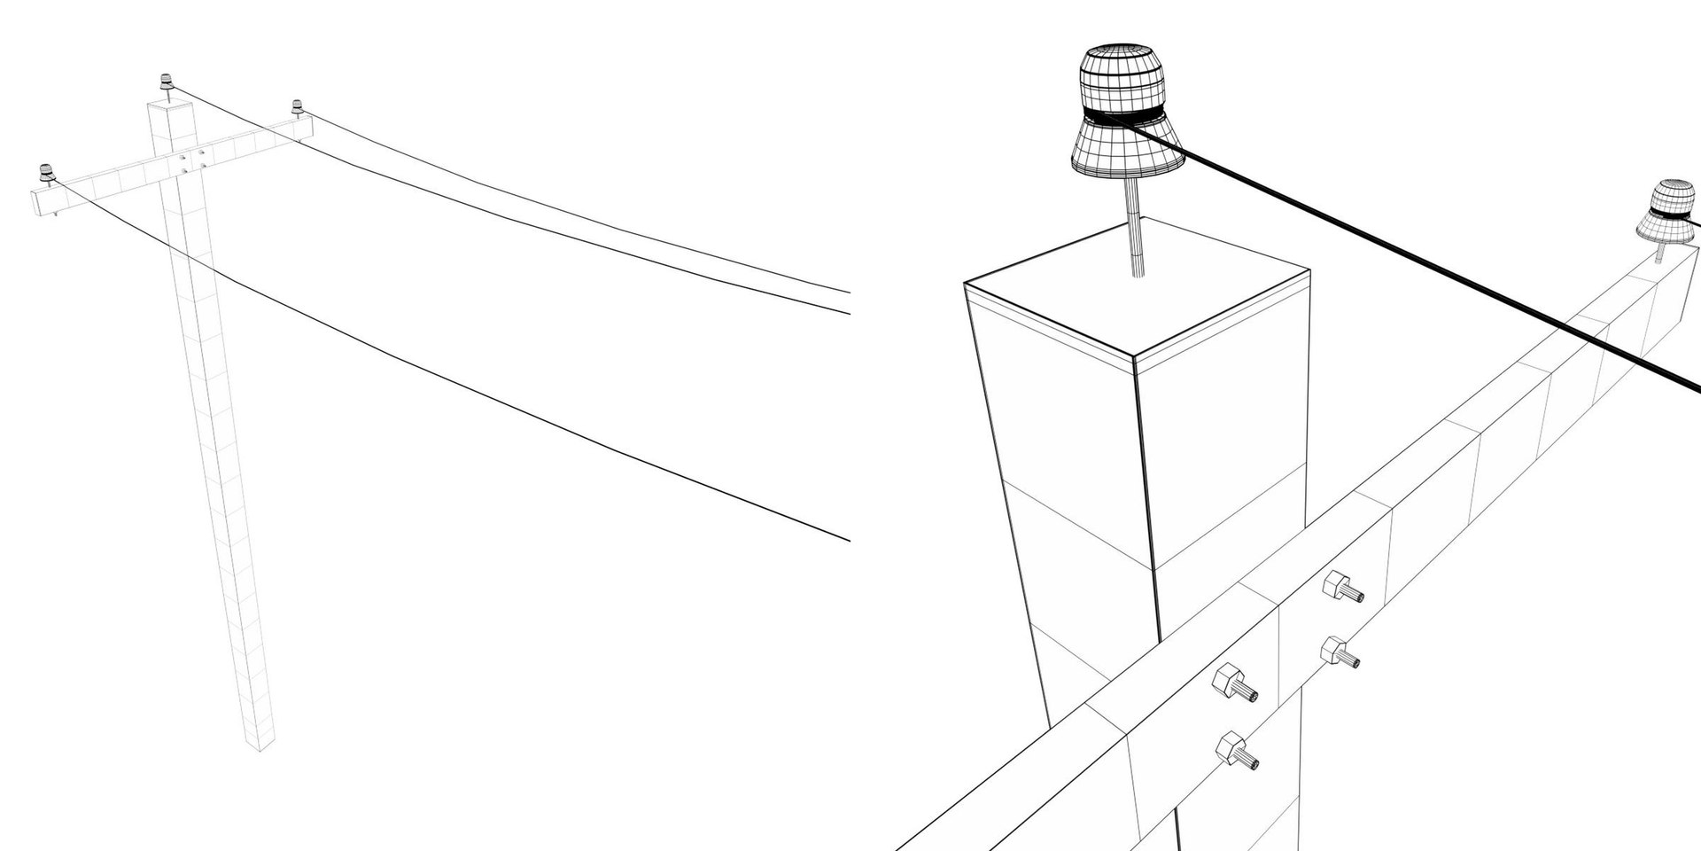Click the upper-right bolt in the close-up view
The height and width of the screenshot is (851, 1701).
(x=1341, y=588)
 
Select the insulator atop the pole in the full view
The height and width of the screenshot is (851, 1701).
(x=166, y=82)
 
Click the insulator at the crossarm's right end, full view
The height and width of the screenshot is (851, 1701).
(x=297, y=106)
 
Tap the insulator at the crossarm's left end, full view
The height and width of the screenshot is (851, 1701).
(x=45, y=171)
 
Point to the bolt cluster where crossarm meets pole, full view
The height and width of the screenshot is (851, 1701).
(x=191, y=160)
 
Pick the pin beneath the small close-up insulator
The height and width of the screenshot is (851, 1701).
(x=1659, y=254)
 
